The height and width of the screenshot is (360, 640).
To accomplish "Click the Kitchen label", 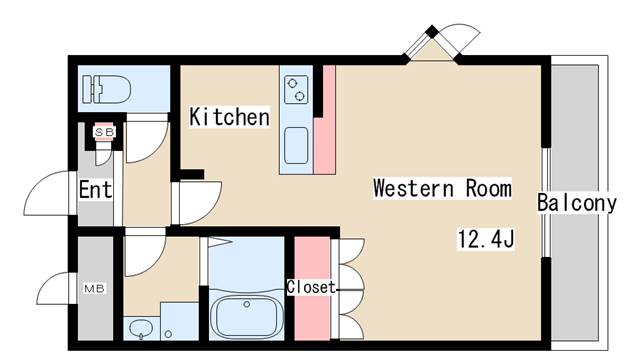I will (x=230, y=117).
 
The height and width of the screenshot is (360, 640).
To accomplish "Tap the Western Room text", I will (x=442, y=188).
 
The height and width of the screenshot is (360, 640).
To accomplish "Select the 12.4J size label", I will (x=485, y=240).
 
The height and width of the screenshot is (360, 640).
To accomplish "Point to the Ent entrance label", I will (x=95, y=189).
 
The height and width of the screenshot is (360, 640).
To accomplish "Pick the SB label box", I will (x=102, y=131).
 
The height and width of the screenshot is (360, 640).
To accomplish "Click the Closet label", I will (x=311, y=286).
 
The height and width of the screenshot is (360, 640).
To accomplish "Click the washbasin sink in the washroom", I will (x=139, y=329).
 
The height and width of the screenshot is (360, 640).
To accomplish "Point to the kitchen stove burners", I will (x=298, y=89).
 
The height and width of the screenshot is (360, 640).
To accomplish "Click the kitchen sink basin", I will (x=298, y=149).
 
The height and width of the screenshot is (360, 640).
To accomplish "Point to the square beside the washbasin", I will (x=180, y=322).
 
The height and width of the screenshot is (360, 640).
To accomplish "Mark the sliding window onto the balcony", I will (x=546, y=205).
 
